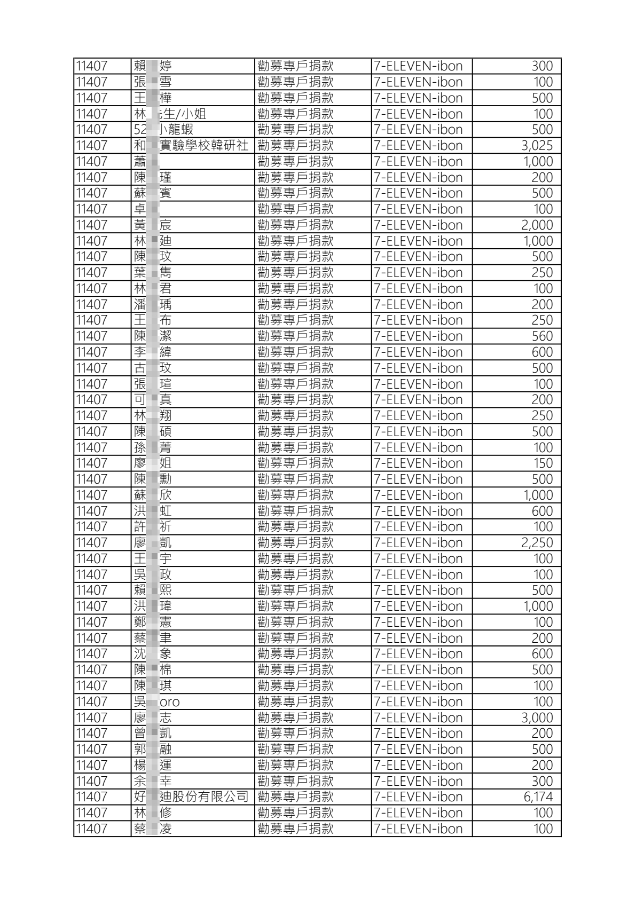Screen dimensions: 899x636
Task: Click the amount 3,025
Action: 537,146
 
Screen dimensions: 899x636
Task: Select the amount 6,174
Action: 538,797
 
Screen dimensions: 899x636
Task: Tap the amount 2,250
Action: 537,543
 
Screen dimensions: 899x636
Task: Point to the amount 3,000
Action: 537,717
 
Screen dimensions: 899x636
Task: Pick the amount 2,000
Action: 537,225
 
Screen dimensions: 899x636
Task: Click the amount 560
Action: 541,336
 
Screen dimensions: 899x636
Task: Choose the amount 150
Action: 543,463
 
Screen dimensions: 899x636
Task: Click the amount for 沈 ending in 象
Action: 541,654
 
